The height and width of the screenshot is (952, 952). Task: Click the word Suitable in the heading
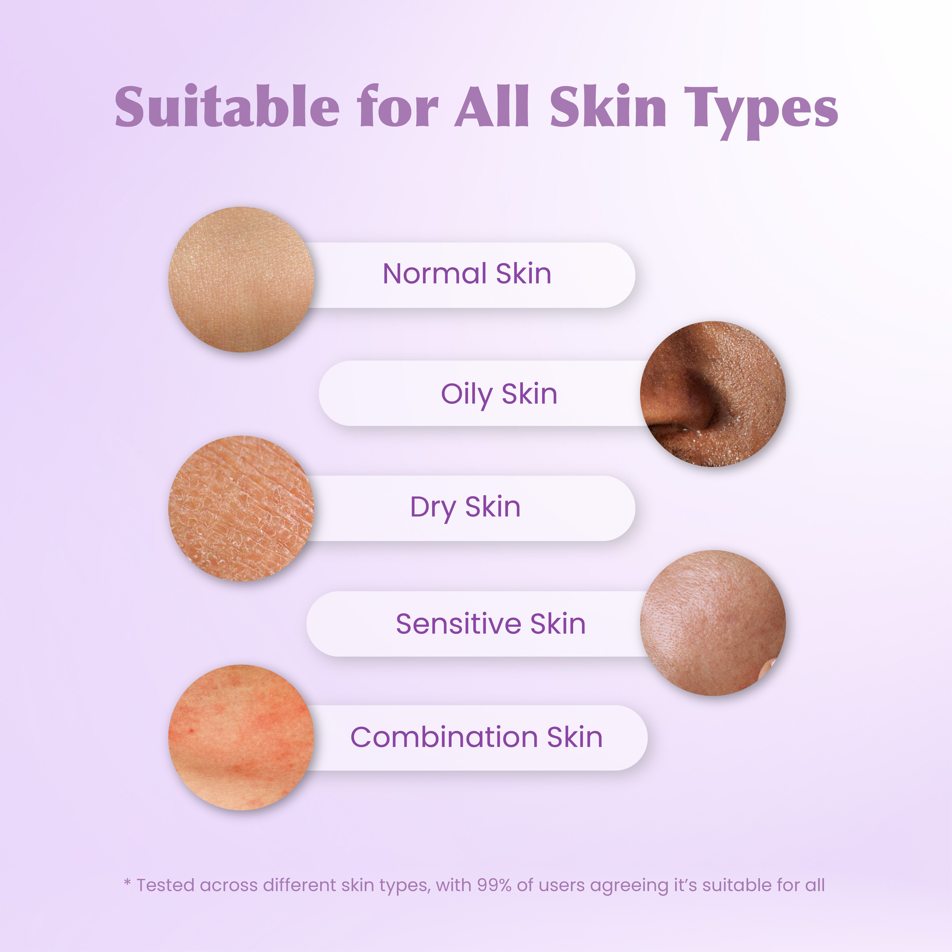pos(227,106)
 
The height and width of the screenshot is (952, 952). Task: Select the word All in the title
pos(492,106)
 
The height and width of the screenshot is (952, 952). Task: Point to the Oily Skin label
pos(499,395)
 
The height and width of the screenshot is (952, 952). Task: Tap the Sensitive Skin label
pos(491,624)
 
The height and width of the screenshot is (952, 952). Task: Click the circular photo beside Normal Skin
pos(242,279)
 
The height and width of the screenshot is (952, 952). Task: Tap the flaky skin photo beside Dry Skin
pos(242,508)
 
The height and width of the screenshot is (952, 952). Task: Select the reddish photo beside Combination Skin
pos(242,738)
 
